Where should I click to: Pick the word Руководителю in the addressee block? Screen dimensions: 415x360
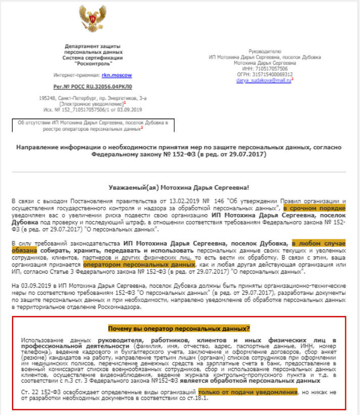point(265,51)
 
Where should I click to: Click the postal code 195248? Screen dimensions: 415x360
point(47,98)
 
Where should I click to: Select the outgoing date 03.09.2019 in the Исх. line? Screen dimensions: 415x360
point(132,109)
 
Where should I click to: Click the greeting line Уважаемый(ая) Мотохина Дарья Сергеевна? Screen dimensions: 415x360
point(179,187)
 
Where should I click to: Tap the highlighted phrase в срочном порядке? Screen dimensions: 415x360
point(314,208)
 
